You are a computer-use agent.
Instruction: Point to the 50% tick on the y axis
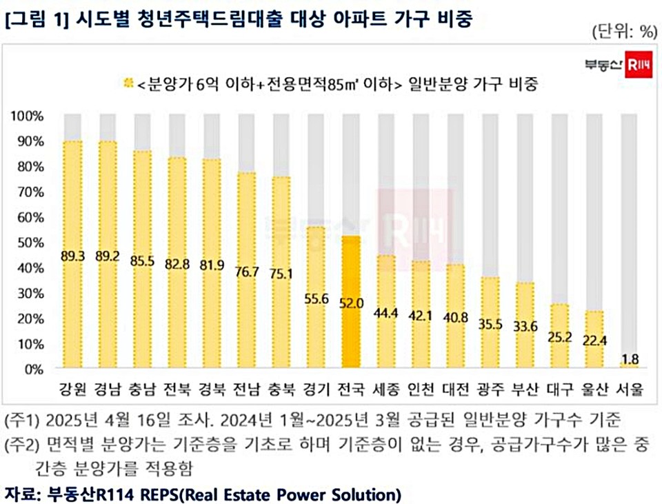(28, 243)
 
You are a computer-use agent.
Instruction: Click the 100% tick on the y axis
(28, 116)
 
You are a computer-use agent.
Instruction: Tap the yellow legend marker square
(128, 84)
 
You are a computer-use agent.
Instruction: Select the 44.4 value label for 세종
(386, 314)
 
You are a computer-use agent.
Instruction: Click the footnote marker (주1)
(22, 419)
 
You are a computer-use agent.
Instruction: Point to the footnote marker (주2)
(22, 444)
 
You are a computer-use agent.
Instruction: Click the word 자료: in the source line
(23, 494)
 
